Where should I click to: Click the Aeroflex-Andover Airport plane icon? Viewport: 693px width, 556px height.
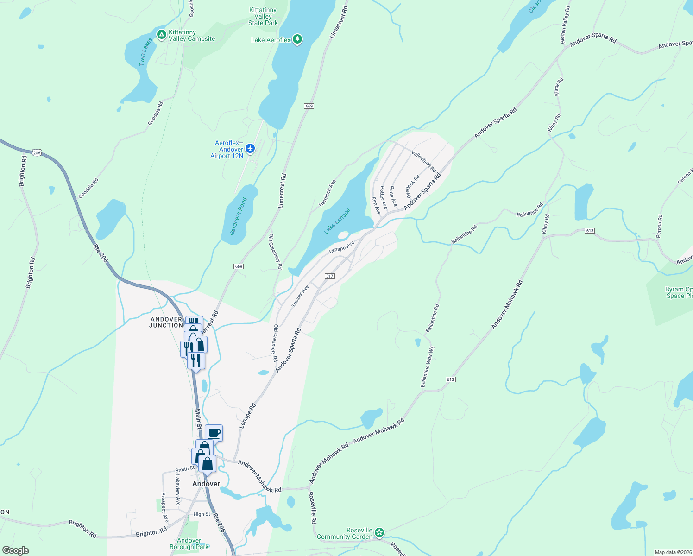tap(250, 148)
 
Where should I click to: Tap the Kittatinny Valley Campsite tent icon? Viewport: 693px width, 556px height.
tap(161, 35)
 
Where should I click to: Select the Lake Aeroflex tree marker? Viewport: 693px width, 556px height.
tap(297, 39)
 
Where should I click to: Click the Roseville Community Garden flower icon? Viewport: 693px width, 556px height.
tap(379, 532)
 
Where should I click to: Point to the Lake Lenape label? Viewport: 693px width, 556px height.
tap(337, 221)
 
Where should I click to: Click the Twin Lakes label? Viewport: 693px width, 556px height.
tap(146, 52)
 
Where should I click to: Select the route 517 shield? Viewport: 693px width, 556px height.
tap(329, 276)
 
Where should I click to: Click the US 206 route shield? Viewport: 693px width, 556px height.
tap(37, 152)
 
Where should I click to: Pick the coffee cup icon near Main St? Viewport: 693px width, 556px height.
tap(214, 433)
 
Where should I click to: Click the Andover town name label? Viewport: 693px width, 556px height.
tap(206, 484)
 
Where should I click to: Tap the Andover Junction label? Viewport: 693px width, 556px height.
tap(166, 322)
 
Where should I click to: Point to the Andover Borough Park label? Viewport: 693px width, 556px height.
tap(189, 544)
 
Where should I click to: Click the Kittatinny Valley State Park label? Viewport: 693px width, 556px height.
tap(263, 16)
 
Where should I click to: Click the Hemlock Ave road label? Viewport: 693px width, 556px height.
tap(327, 194)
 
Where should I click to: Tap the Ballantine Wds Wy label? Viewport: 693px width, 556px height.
tap(427, 366)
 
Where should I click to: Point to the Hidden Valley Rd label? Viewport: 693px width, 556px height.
tap(565, 25)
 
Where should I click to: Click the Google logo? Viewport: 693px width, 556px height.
tap(16, 550)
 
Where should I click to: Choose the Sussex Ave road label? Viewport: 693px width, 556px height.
tap(300, 297)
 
